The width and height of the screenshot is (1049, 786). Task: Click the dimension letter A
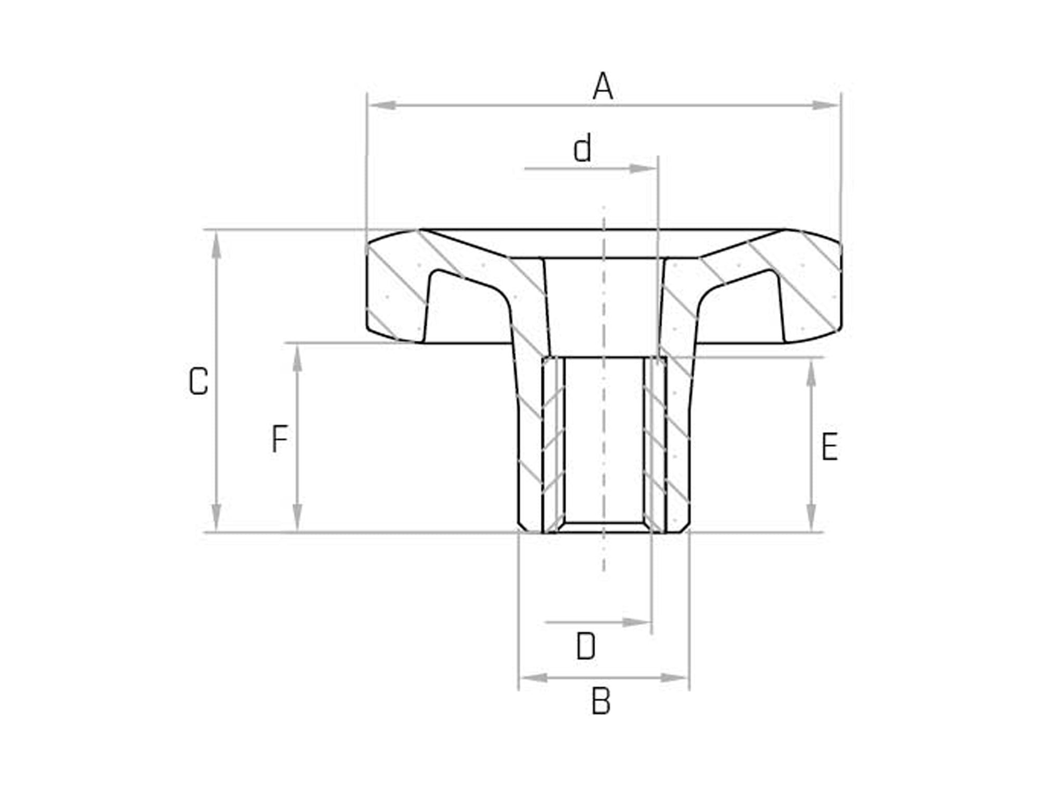[603, 87]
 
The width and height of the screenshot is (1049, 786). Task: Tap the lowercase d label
[582, 149]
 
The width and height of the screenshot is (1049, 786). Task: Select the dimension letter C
[198, 382]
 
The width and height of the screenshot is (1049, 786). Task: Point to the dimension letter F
[280, 439]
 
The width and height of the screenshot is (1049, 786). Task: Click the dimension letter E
[829, 447]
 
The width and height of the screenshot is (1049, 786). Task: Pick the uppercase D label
[586, 647]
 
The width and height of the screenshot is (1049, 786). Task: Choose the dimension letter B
[601, 701]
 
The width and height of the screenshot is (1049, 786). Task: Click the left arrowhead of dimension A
[383, 106]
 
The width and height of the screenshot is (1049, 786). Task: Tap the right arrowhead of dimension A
[826, 106]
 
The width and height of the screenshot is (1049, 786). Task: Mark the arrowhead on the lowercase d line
[643, 168]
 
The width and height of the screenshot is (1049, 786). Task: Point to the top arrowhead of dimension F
[297, 359]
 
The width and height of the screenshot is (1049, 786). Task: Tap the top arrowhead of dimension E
[811, 373]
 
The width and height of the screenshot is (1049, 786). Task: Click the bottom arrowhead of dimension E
[811, 517]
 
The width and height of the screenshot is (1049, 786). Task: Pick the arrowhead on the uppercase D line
[636, 622]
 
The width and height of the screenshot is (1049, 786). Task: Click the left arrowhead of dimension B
[534, 678]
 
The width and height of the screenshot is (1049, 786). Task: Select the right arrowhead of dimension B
[675, 678]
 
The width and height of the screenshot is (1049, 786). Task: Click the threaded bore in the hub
[604, 442]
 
